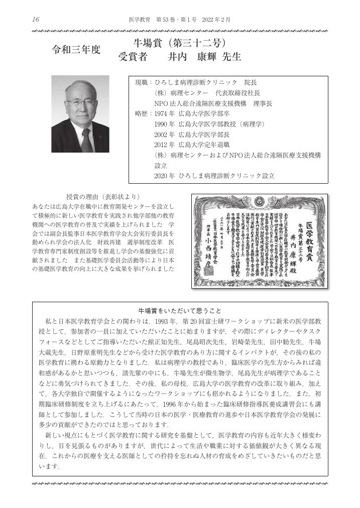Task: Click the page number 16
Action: tap(35, 20)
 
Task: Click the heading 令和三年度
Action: tap(77, 50)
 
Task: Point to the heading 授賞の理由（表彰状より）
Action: tap(102, 196)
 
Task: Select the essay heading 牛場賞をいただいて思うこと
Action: tap(180, 310)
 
